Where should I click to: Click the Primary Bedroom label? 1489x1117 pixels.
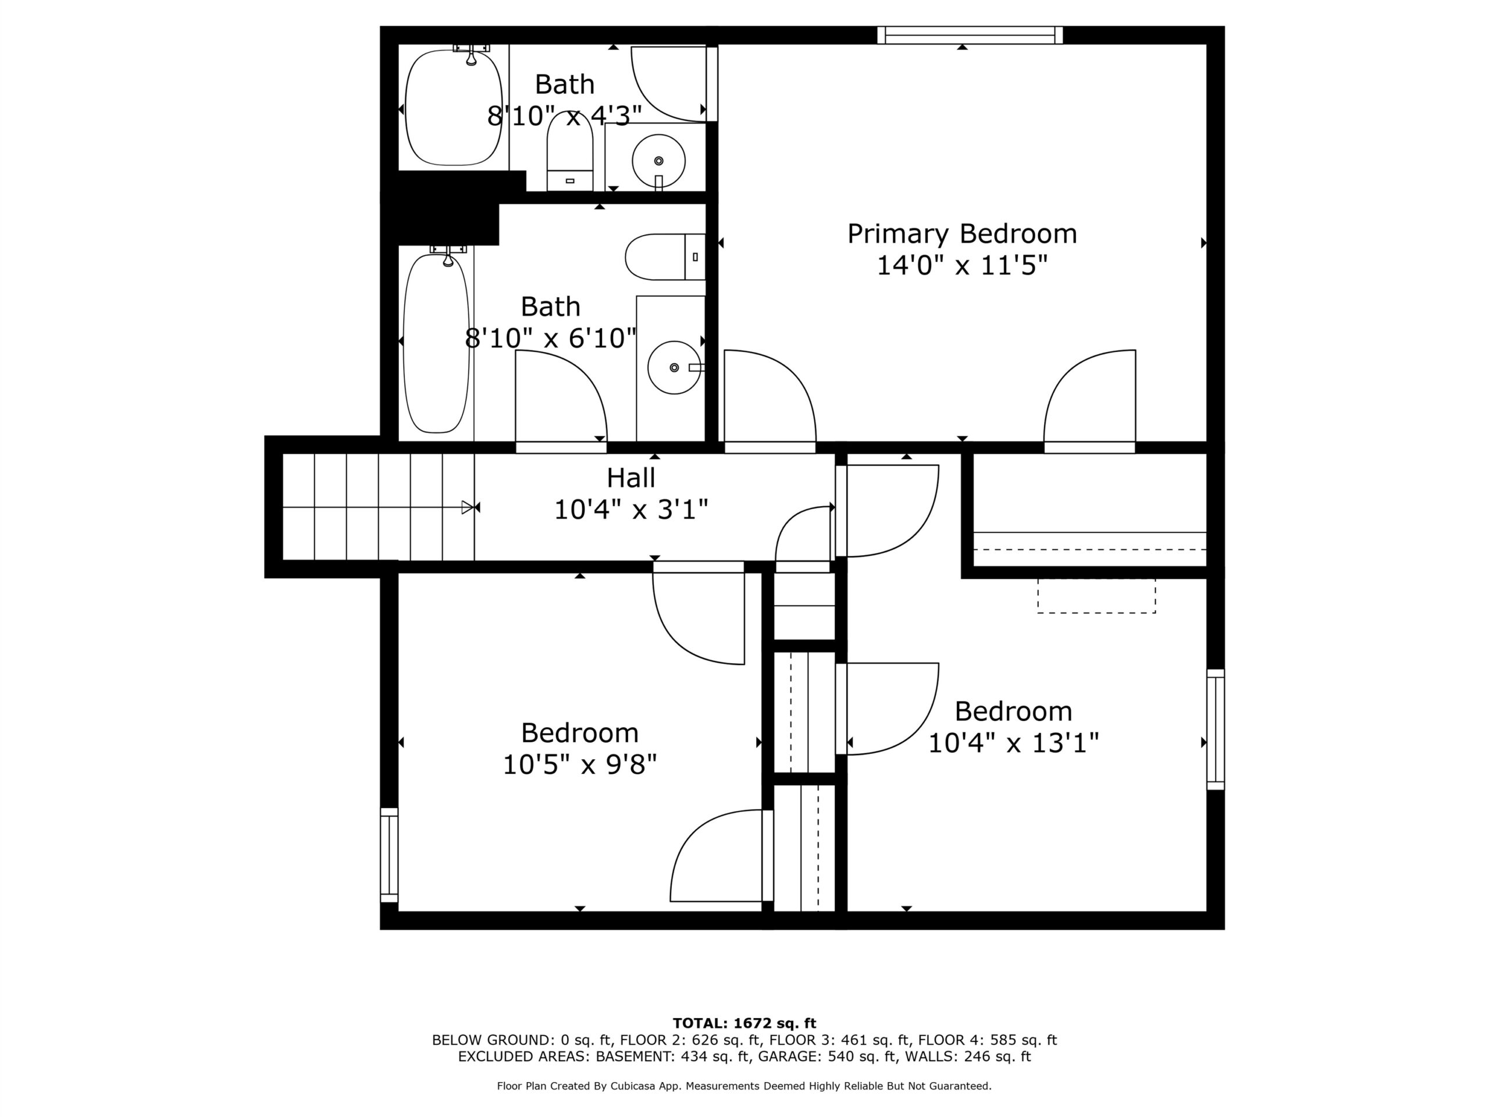pos(962,234)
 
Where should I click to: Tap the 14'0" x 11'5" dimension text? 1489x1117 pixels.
pos(962,265)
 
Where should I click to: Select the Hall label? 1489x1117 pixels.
pos(630,478)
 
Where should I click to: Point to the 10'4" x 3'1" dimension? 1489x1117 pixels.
pos(630,510)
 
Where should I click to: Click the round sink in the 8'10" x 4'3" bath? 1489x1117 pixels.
pos(658,161)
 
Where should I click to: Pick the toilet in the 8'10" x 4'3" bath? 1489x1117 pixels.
pos(569,151)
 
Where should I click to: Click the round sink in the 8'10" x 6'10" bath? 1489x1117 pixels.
pos(674,368)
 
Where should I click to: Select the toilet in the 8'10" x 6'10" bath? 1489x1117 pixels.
pos(665,257)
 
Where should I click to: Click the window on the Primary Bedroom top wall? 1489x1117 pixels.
pos(970,35)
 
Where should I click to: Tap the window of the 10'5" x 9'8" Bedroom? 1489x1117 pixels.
pos(389,855)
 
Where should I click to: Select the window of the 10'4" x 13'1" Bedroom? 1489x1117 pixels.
pos(1215,729)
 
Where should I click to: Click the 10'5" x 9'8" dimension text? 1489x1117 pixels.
pos(579,764)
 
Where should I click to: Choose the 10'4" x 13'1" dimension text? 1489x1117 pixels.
pos(1013,744)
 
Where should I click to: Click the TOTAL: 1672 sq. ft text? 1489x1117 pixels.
pos(744,1023)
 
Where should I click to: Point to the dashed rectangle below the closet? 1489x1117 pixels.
pos(1096,596)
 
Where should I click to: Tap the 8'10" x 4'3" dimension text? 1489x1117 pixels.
pos(564,116)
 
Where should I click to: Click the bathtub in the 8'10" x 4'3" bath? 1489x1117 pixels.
pos(454,107)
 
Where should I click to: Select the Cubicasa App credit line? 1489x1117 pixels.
pos(744,1086)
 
